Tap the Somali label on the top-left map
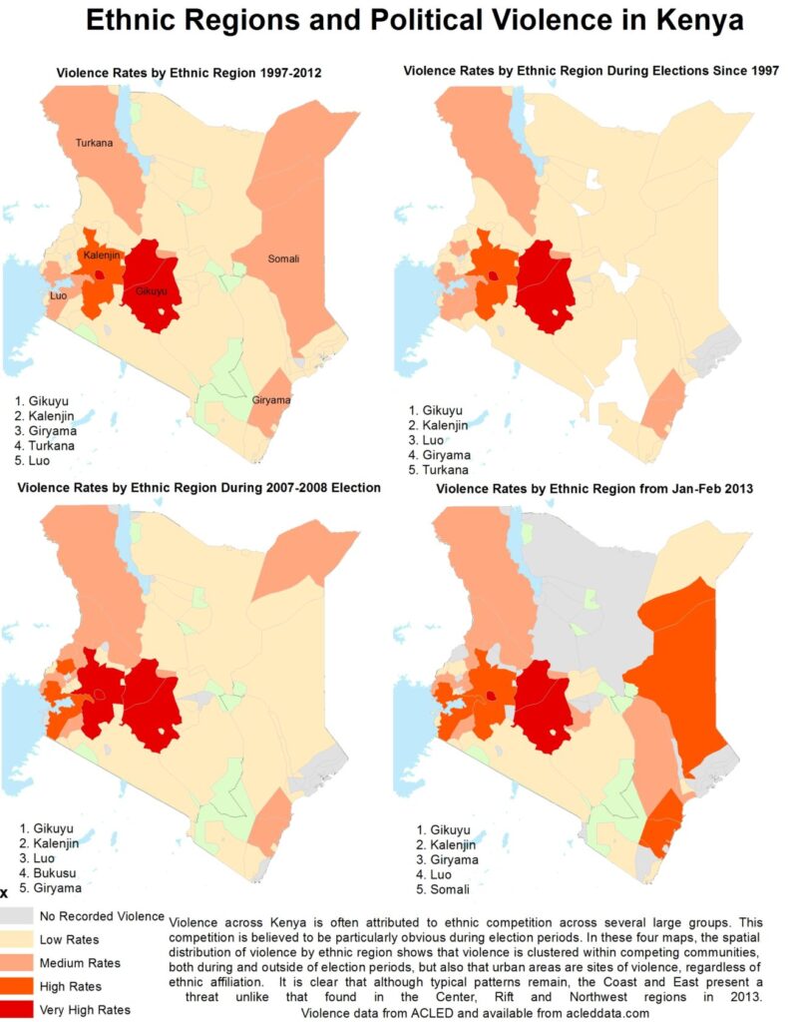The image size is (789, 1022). tap(283, 259)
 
